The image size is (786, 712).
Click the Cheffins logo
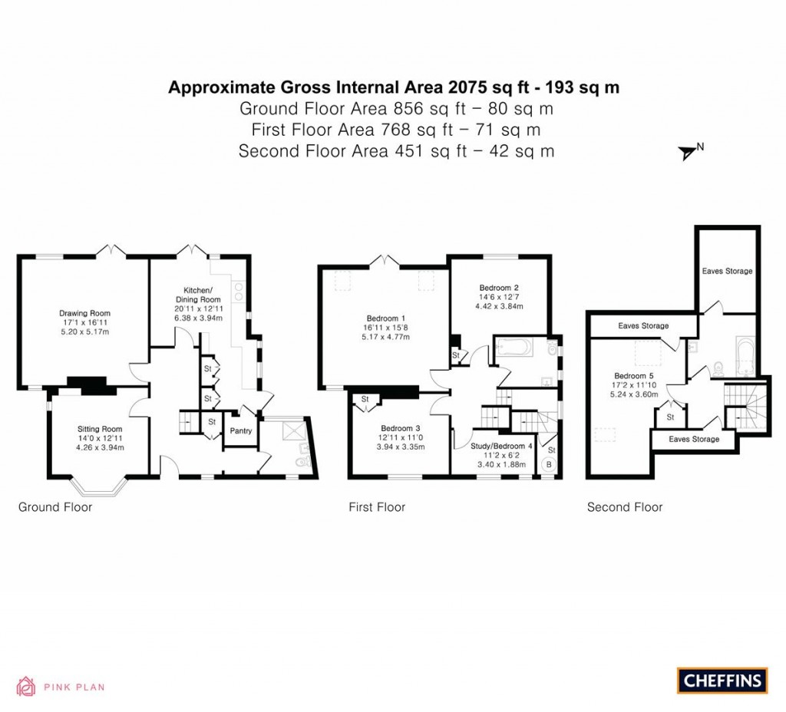(x=722, y=680)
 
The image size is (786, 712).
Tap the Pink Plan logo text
(x=74, y=687)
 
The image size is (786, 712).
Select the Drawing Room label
(x=85, y=313)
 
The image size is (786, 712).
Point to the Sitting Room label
(x=100, y=429)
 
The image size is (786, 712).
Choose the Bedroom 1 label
(x=386, y=318)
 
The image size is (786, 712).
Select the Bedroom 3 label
(x=401, y=428)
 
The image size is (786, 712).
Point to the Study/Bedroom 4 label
(x=501, y=446)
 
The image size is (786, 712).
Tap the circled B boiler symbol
(x=549, y=464)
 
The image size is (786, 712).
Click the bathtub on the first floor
(x=513, y=349)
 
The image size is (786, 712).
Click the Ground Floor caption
(x=55, y=507)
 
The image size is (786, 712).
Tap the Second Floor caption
(x=625, y=507)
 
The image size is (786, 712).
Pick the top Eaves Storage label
(x=727, y=271)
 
